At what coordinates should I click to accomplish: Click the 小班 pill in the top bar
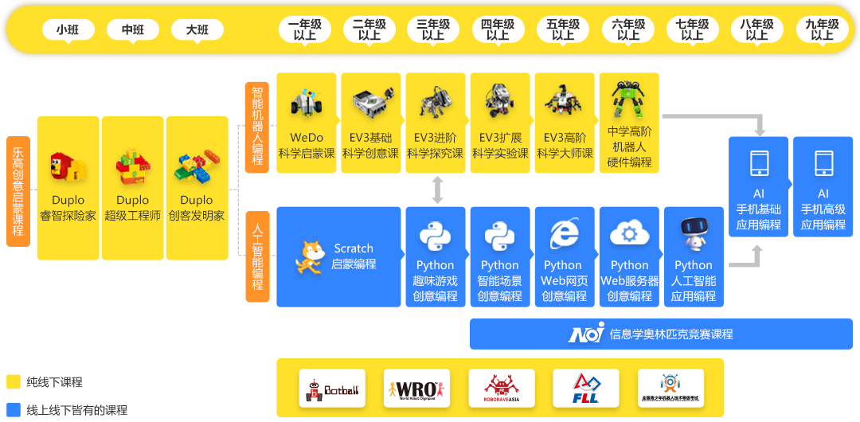[68, 30]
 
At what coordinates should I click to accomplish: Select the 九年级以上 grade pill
[822, 30]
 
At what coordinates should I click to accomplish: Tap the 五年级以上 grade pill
[563, 30]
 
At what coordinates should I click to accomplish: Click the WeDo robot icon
[307, 103]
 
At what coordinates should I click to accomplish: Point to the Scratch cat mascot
[310, 257]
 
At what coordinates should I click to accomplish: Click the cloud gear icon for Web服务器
[629, 234]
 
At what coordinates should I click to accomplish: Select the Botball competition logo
[332, 389]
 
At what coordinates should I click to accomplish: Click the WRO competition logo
[416, 389]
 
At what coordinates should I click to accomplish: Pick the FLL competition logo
[585, 389]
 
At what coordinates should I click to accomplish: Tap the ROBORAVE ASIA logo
[501, 389]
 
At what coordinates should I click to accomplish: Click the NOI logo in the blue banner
[586, 334]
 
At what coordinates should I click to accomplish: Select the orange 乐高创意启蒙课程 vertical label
[18, 191]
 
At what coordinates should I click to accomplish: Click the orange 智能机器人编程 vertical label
[257, 126]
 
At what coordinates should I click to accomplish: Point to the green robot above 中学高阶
[628, 100]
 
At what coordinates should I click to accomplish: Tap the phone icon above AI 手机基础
[759, 163]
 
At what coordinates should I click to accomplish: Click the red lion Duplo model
[68, 168]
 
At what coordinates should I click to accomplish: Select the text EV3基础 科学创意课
[371, 146]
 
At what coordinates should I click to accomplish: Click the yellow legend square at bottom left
[13, 381]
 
